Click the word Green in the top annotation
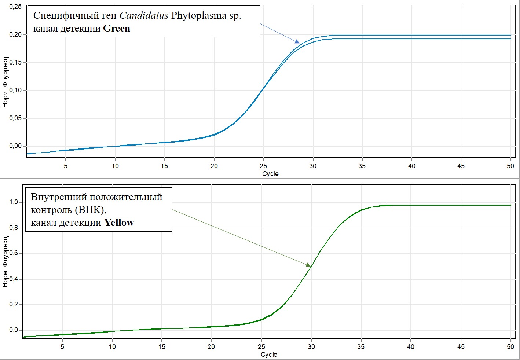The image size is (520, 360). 116,28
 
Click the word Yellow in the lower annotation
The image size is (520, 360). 119,223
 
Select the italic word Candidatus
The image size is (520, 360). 144,15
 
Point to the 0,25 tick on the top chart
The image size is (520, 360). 15,7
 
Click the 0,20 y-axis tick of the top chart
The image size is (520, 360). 15,34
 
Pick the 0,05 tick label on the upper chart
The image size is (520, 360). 15,118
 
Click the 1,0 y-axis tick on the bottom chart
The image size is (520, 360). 14,202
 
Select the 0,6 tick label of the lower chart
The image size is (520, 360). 14,253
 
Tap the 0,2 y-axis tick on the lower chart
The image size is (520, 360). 14,304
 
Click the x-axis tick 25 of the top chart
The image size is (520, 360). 263,166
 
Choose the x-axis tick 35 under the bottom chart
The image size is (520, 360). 361,347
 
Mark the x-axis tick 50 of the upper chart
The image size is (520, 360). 510,166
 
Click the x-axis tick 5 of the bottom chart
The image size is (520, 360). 62,347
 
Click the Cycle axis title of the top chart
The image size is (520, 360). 270,174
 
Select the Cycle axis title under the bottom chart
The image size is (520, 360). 269,355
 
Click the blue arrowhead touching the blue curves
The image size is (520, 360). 297,41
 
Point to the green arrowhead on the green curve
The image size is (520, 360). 308,265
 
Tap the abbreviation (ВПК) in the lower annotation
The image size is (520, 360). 91,210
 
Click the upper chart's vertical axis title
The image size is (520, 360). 6,81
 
